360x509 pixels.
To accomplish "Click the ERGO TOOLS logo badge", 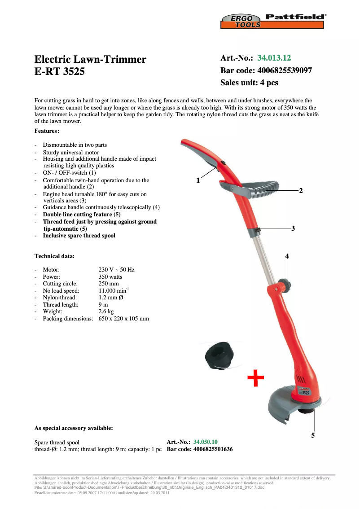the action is point(241,21).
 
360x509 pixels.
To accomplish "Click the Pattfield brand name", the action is point(295,17).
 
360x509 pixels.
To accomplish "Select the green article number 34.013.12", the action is point(274,58).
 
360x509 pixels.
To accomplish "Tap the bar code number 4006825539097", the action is point(285,70).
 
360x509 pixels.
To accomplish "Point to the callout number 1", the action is point(198,180).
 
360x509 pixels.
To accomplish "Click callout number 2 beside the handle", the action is point(301,191).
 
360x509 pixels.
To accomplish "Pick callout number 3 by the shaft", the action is point(293,228).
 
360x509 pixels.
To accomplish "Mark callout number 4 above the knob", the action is point(287,256).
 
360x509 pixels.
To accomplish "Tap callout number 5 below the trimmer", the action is point(313,435).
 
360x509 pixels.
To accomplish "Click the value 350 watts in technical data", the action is point(110,277).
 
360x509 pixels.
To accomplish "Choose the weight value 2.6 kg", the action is point(106,311).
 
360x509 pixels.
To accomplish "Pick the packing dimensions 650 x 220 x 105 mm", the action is point(123,319).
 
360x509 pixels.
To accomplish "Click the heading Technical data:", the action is point(54,256).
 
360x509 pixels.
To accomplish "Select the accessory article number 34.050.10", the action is point(206,442).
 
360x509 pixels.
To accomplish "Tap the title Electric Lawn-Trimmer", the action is point(90,59).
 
